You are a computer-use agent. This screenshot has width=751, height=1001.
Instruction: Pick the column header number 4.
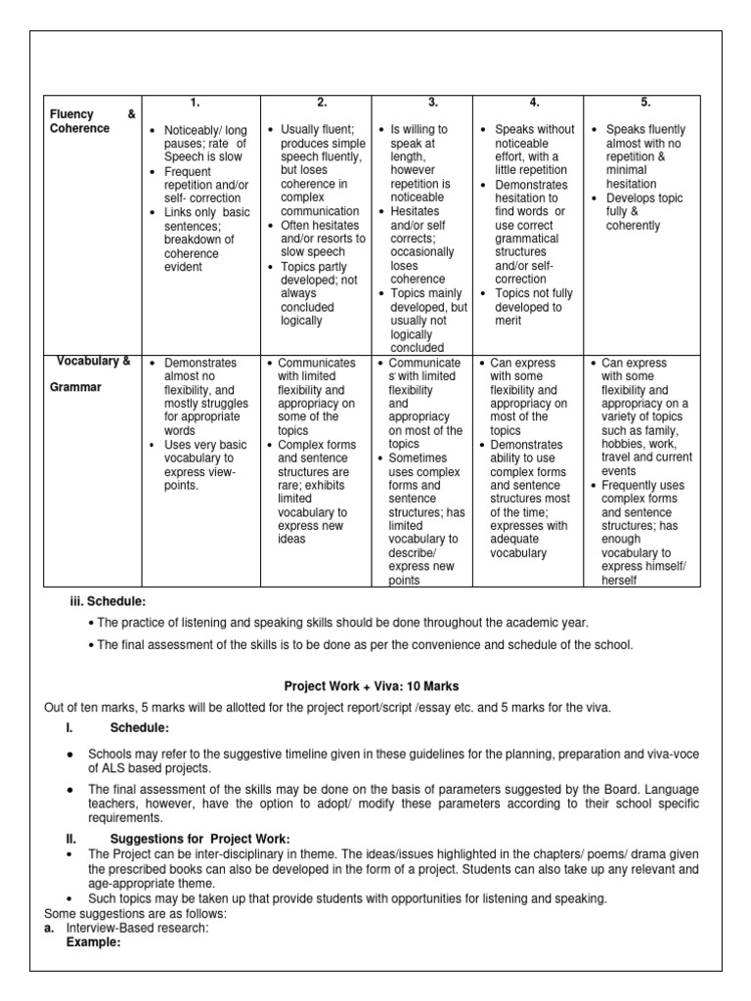point(534,103)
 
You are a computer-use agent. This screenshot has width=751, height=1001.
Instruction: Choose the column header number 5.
point(645,103)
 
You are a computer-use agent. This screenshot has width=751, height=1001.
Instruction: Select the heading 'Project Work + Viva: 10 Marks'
point(373,687)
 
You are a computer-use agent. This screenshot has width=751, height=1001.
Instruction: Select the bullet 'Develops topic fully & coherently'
point(644,212)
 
